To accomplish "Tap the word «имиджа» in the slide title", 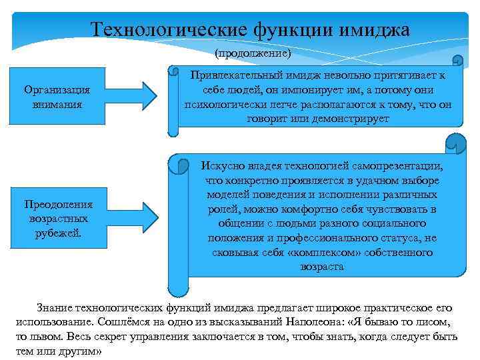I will click(x=374, y=30).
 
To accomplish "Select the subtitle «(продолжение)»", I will click(x=253, y=51).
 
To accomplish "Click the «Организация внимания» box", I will click(x=57, y=97).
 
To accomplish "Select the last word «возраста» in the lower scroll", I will click(x=322, y=267).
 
